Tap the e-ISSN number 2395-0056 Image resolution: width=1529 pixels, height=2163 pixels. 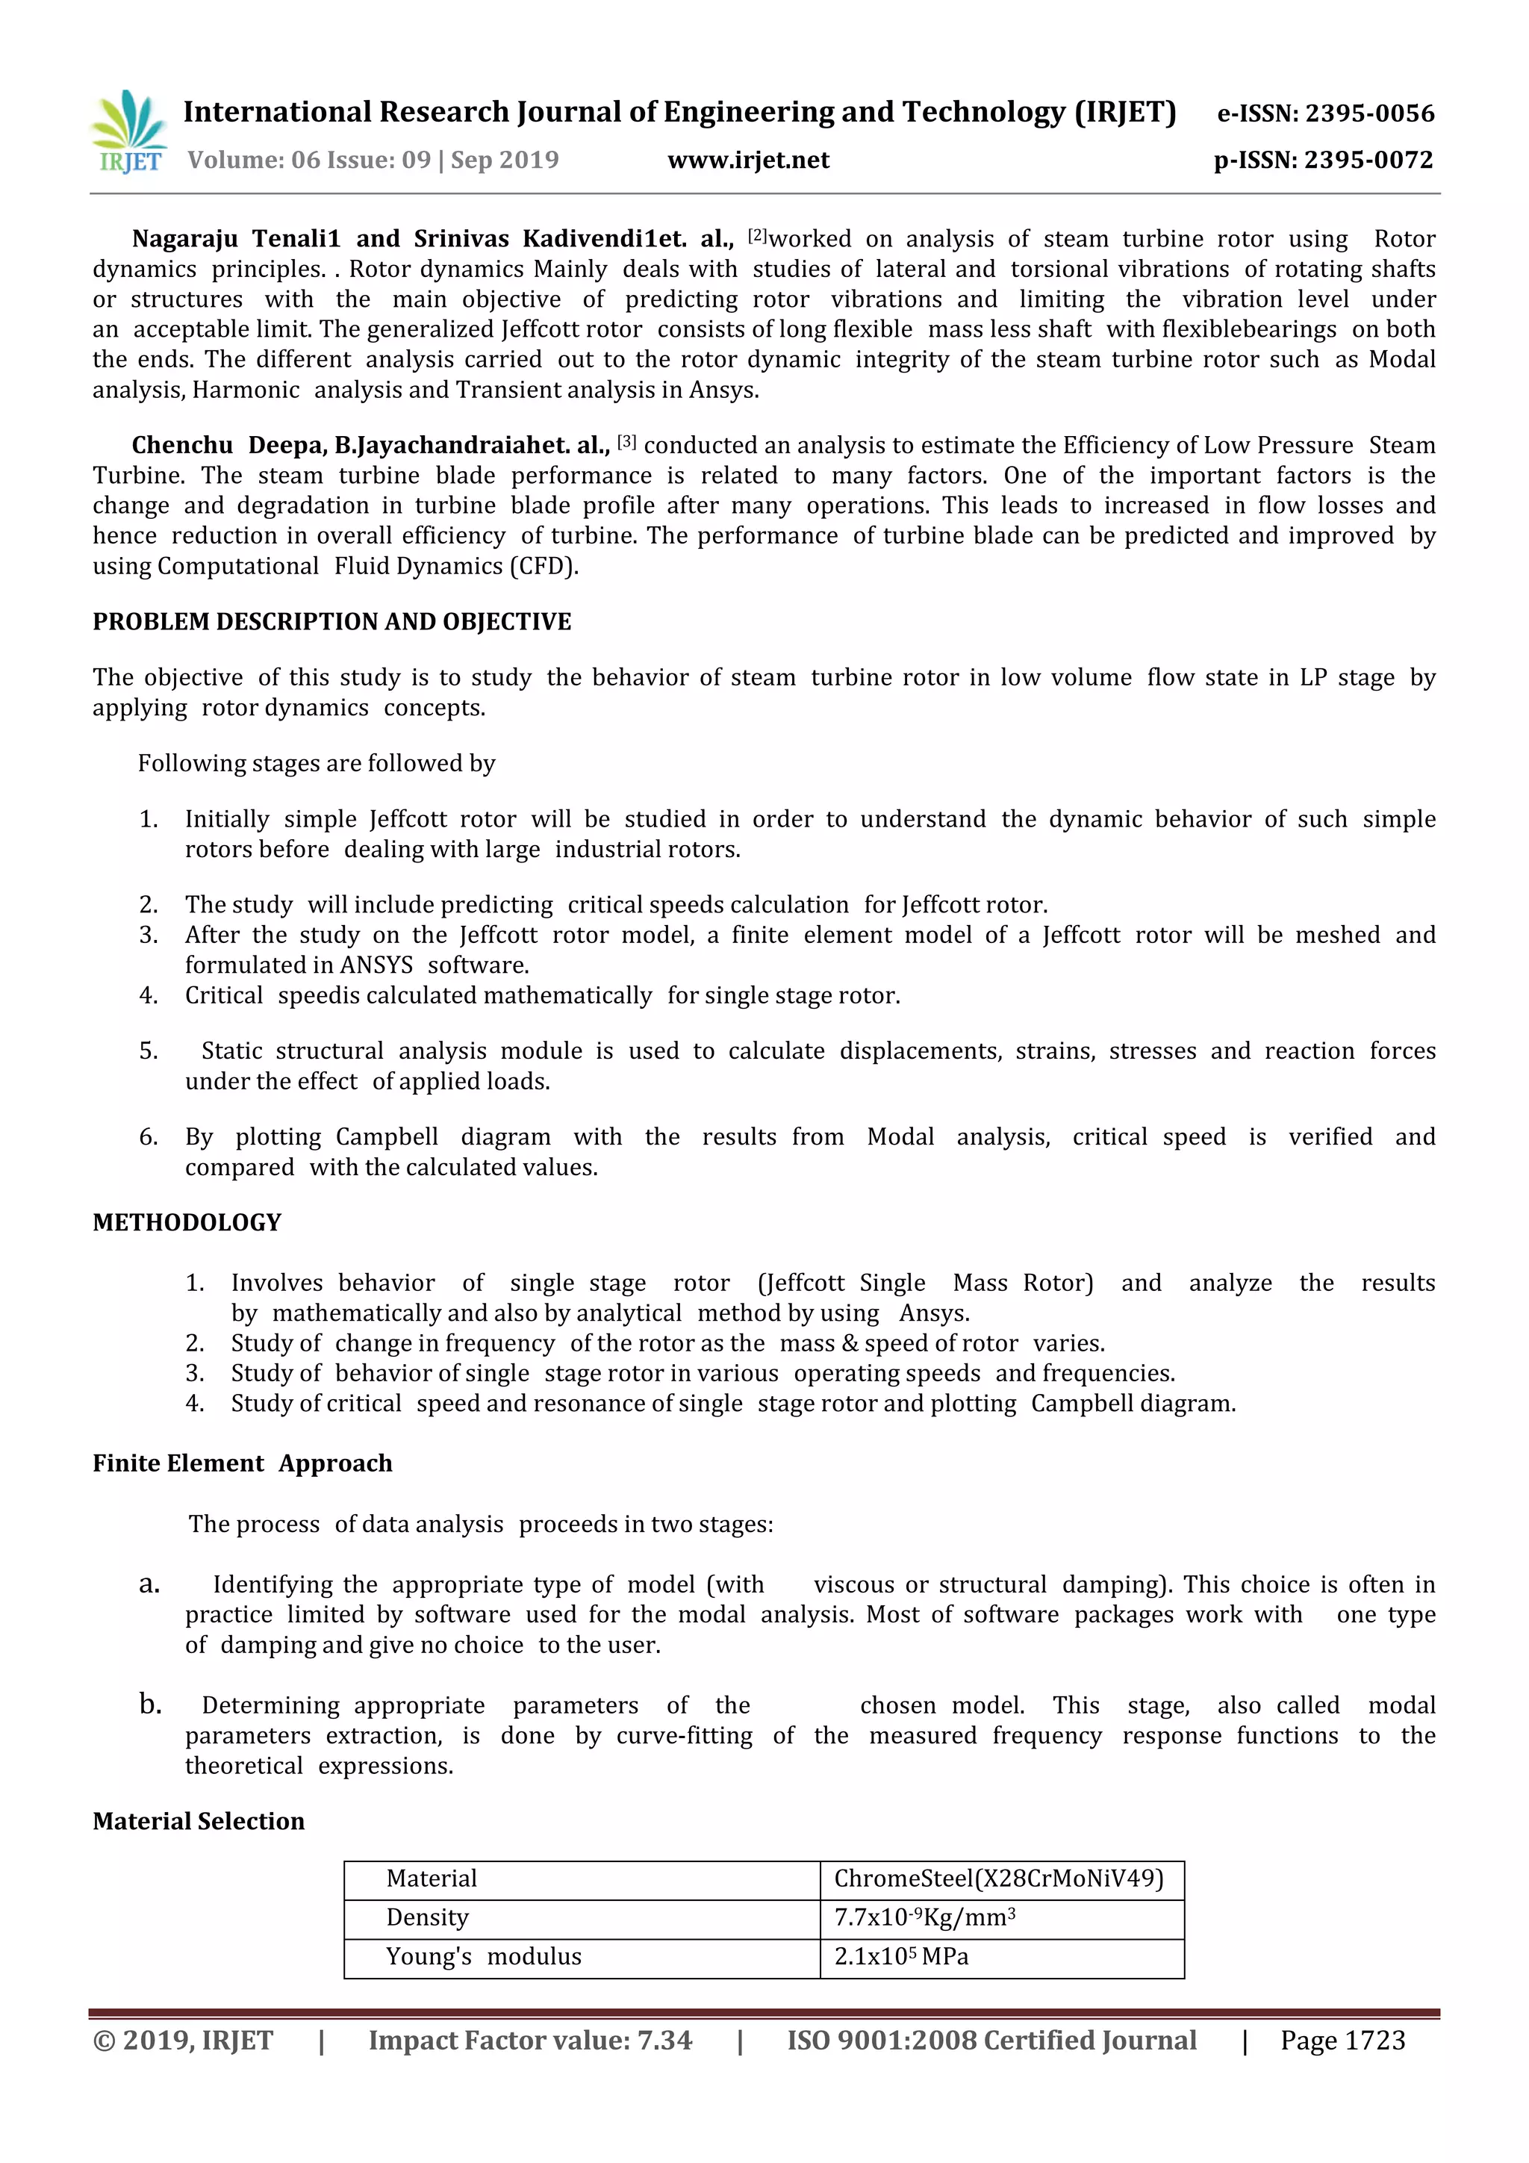1368,114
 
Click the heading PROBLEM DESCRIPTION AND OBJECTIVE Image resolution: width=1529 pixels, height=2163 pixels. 331,622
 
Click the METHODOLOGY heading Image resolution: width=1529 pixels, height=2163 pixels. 187,1223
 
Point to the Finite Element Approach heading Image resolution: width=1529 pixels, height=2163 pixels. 242,1463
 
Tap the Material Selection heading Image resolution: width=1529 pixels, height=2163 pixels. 198,1821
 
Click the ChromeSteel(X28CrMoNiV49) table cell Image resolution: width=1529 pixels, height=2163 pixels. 999,1879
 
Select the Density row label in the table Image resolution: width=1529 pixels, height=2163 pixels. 427,1918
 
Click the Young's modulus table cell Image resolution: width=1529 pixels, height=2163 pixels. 482,1957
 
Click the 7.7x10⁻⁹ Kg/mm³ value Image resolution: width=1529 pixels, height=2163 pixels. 924,1918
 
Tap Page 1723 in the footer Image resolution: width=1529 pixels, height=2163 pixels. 1342,2041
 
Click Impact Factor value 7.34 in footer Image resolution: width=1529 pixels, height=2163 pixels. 529,2041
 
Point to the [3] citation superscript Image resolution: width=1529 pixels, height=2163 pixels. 626,441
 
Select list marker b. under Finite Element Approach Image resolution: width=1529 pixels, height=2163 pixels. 150,1705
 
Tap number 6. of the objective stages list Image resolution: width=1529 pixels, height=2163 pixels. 148,1137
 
